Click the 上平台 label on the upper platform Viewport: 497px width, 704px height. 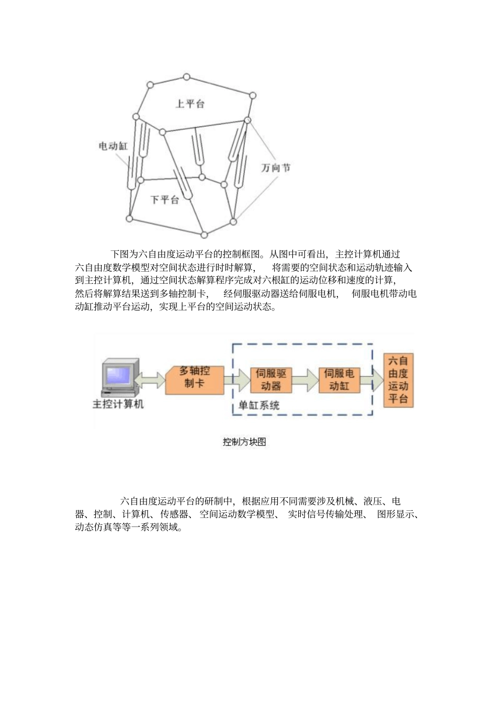click(x=189, y=104)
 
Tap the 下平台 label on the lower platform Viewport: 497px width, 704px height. click(x=164, y=199)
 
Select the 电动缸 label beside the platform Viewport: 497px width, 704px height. click(x=113, y=146)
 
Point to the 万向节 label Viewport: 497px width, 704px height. click(x=276, y=168)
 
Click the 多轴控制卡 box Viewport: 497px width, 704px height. click(x=194, y=378)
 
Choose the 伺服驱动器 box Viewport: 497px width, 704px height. click(x=270, y=380)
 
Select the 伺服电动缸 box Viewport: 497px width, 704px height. click(x=339, y=380)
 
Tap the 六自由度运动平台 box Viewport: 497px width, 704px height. click(x=398, y=380)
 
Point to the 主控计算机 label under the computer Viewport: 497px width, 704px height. click(x=118, y=405)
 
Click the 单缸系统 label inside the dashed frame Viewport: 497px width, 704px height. click(x=259, y=405)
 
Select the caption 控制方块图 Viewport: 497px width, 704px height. click(x=244, y=442)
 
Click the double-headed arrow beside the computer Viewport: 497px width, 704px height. click(x=151, y=379)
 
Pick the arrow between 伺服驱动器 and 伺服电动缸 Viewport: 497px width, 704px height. click(x=305, y=380)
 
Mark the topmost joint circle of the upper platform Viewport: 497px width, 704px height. click(x=187, y=77)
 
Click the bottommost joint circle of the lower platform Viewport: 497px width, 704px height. click(x=205, y=234)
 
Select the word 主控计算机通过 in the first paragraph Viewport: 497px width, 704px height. click(x=367, y=254)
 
